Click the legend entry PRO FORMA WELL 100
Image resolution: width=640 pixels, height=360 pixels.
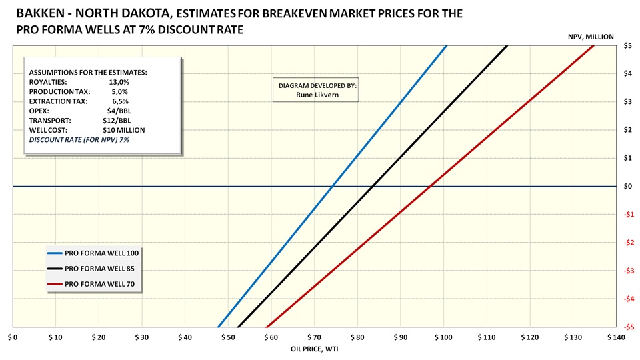coord(101,253)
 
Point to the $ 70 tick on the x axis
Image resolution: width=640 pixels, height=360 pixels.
coord(313,338)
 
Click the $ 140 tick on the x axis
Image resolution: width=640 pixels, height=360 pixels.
coord(616,338)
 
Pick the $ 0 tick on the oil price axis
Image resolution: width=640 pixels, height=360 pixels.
coord(13,338)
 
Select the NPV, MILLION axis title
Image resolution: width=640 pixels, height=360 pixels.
coord(589,37)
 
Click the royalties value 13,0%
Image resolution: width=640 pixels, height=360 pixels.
coord(118,82)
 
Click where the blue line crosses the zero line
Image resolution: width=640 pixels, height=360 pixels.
coord(331,186)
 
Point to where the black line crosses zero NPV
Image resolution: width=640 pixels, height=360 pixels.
coord(372,186)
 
